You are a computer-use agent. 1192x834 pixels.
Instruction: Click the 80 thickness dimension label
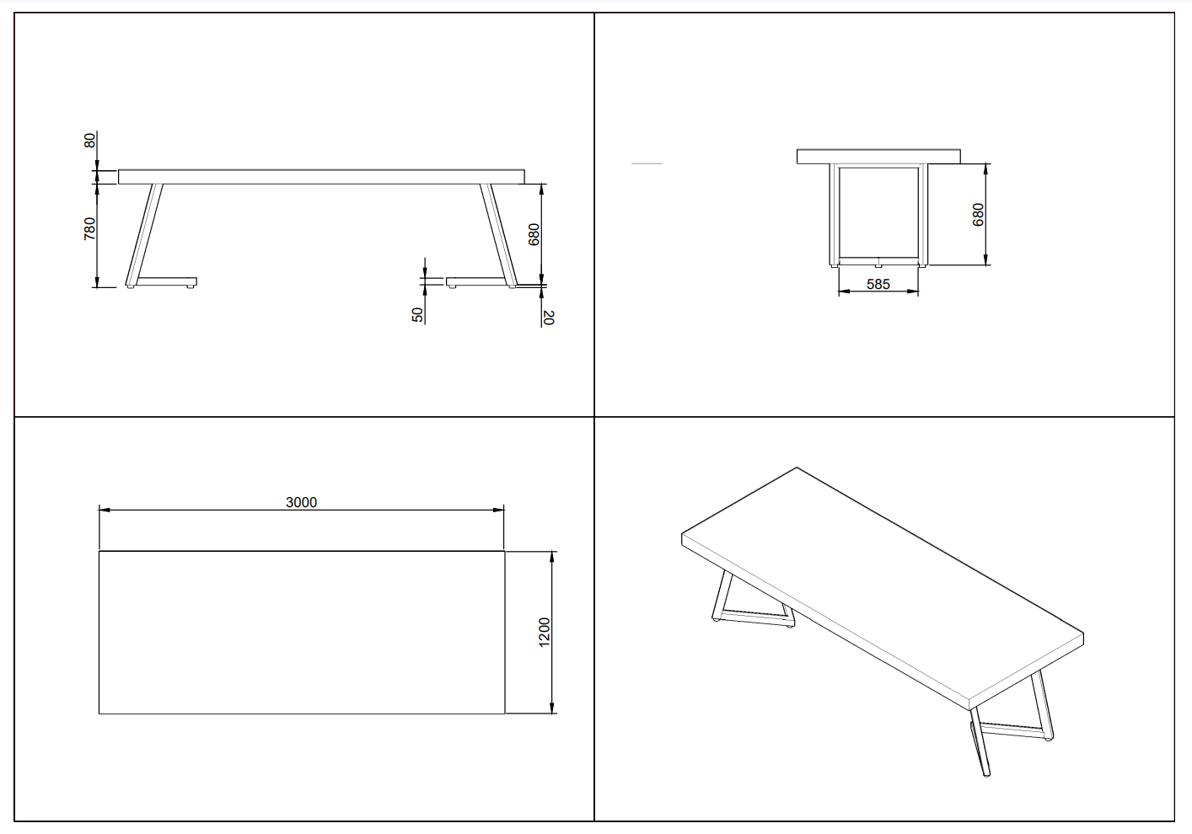tap(90, 141)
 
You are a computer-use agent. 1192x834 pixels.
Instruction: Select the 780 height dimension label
tap(90, 228)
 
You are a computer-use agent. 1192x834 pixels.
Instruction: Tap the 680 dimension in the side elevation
tap(534, 234)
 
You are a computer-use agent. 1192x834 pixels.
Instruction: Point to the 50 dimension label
tap(418, 315)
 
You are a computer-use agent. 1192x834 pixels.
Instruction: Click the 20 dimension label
tap(549, 318)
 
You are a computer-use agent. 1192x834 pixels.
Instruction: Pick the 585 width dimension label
tap(878, 284)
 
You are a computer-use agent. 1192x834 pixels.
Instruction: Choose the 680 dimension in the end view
tap(978, 215)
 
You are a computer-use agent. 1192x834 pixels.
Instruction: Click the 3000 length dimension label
tap(301, 502)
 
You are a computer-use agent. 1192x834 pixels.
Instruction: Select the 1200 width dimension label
tap(545, 633)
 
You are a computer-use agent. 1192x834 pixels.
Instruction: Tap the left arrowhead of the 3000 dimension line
tap(105, 510)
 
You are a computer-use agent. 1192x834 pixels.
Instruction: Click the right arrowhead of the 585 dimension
tap(913, 291)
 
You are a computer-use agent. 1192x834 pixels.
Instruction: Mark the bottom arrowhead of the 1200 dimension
tap(553, 708)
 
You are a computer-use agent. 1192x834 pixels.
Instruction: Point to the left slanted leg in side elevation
tap(144, 234)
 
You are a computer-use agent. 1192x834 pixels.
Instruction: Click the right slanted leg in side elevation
tap(498, 234)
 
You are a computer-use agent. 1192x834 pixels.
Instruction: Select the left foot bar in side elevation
tap(166, 282)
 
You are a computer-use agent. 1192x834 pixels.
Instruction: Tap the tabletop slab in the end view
tap(878, 157)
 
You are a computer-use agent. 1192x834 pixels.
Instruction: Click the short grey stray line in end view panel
tap(647, 163)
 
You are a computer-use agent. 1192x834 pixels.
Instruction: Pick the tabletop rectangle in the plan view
tap(302, 633)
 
